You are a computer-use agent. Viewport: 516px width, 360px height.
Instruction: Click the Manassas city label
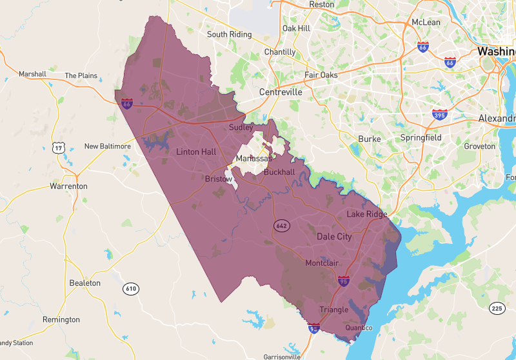pyautogui.click(x=253, y=159)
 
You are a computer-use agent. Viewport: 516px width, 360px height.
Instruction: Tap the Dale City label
pyautogui.click(x=334, y=237)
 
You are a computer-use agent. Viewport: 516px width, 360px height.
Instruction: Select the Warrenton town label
pyautogui.click(x=68, y=186)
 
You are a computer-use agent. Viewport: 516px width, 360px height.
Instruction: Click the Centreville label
pyautogui.click(x=281, y=92)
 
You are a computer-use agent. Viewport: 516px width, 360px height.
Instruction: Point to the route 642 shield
pyautogui.click(x=281, y=226)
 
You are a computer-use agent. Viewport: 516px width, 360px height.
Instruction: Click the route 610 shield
pyautogui.click(x=132, y=288)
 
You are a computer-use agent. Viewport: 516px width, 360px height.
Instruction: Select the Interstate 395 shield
pyautogui.click(x=440, y=114)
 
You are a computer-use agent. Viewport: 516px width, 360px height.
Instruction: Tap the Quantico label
pyautogui.click(x=359, y=328)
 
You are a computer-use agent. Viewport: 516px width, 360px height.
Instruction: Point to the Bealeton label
pyautogui.click(x=85, y=283)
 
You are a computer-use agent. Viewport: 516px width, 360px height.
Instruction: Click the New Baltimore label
pyautogui.click(x=107, y=146)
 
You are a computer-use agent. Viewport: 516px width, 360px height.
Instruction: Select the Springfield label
pyautogui.click(x=421, y=138)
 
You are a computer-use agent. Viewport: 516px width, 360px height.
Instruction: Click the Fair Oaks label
pyautogui.click(x=321, y=75)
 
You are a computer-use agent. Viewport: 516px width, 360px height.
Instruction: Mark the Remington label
pyautogui.click(x=61, y=320)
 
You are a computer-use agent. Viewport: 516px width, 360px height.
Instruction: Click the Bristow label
pyautogui.click(x=218, y=179)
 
